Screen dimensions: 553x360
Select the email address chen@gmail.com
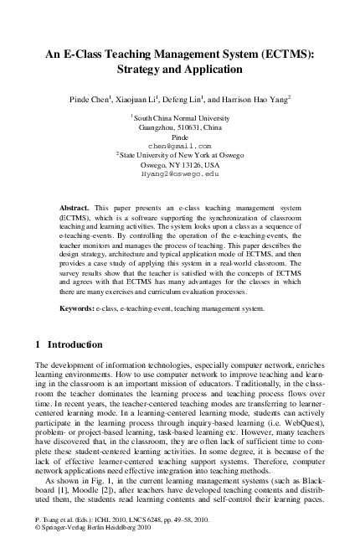tap(179, 146)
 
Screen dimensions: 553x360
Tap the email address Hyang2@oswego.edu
tap(179, 173)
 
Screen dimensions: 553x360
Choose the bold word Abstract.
tap(75, 206)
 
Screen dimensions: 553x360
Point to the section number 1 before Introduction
tap(39, 344)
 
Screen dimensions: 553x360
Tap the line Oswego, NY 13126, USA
tap(180, 164)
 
